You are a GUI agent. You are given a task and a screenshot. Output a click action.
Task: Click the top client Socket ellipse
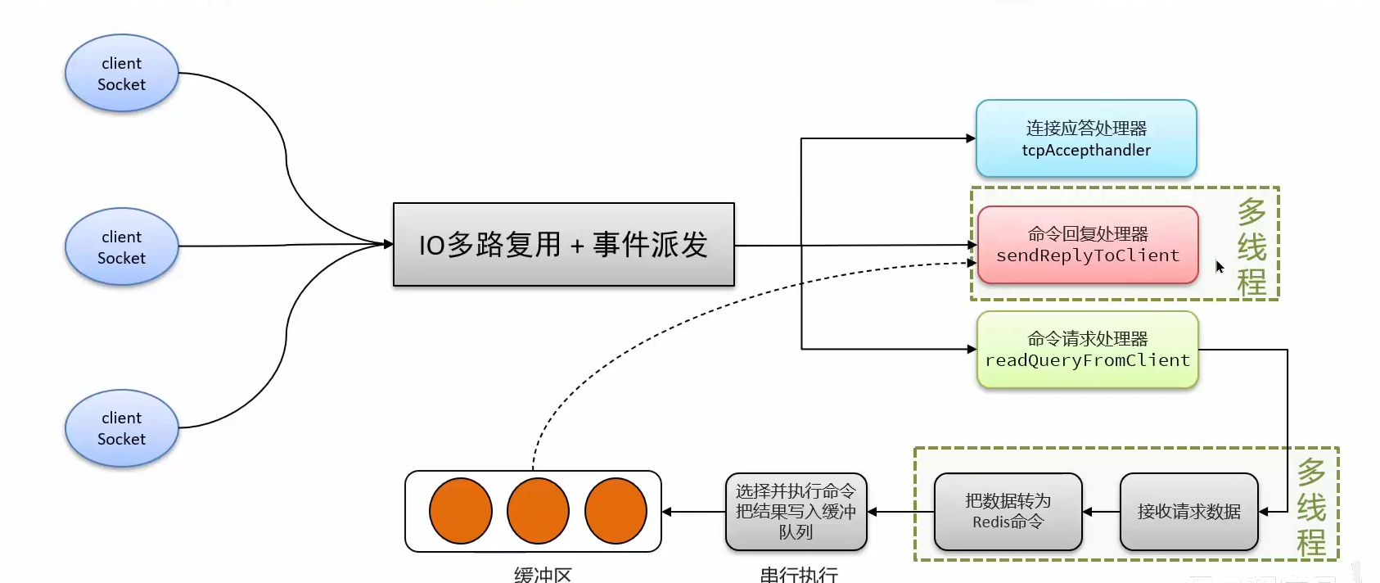pyautogui.click(x=121, y=74)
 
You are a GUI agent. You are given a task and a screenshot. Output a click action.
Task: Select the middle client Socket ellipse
pyautogui.click(x=121, y=246)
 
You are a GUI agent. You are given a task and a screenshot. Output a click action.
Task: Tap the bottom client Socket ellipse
pyautogui.click(x=121, y=428)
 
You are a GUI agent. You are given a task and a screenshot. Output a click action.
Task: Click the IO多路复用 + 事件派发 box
pyautogui.click(x=563, y=245)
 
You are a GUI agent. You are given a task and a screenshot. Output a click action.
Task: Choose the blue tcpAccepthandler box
pyautogui.click(x=1086, y=138)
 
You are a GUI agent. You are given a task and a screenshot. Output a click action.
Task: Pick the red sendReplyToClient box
pyautogui.click(x=1088, y=245)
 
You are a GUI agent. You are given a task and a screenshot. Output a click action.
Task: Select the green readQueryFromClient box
pyautogui.click(x=1087, y=350)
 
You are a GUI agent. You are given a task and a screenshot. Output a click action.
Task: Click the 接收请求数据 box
pyautogui.click(x=1188, y=512)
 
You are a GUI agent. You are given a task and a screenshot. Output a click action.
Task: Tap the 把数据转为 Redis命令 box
pyautogui.click(x=1008, y=512)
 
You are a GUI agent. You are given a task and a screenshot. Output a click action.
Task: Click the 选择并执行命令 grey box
pyautogui.click(x=796, y=512)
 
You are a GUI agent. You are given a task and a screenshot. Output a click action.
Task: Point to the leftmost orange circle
pyautogui.click(x=461, y=511)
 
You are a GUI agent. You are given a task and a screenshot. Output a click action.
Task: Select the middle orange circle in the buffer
pyautogui.click(x=538, y=511)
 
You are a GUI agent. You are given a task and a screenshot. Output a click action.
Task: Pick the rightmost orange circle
pyautogui.click(x=616, y=511)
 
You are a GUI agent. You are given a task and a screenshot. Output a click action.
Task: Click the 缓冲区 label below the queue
pyautogui.click(x=543, y=575)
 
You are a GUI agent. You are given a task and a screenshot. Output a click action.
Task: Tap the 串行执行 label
pyautogui.click(x=799, y=575)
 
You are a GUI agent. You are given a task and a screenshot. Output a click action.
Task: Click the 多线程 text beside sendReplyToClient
pyautogui.click(x=1251, y=246)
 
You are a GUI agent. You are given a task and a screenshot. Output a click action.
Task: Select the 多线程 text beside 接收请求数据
pyautogui.click(x=1311, y=508)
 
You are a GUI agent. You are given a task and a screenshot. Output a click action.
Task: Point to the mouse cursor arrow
pyautogui.click(x=1219, y=266)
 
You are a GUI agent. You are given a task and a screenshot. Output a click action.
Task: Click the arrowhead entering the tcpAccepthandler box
pyautogui.click(x=971, y=138)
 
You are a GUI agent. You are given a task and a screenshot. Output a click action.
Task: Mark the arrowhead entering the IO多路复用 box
pyautogui.click(x=388, y=244)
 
